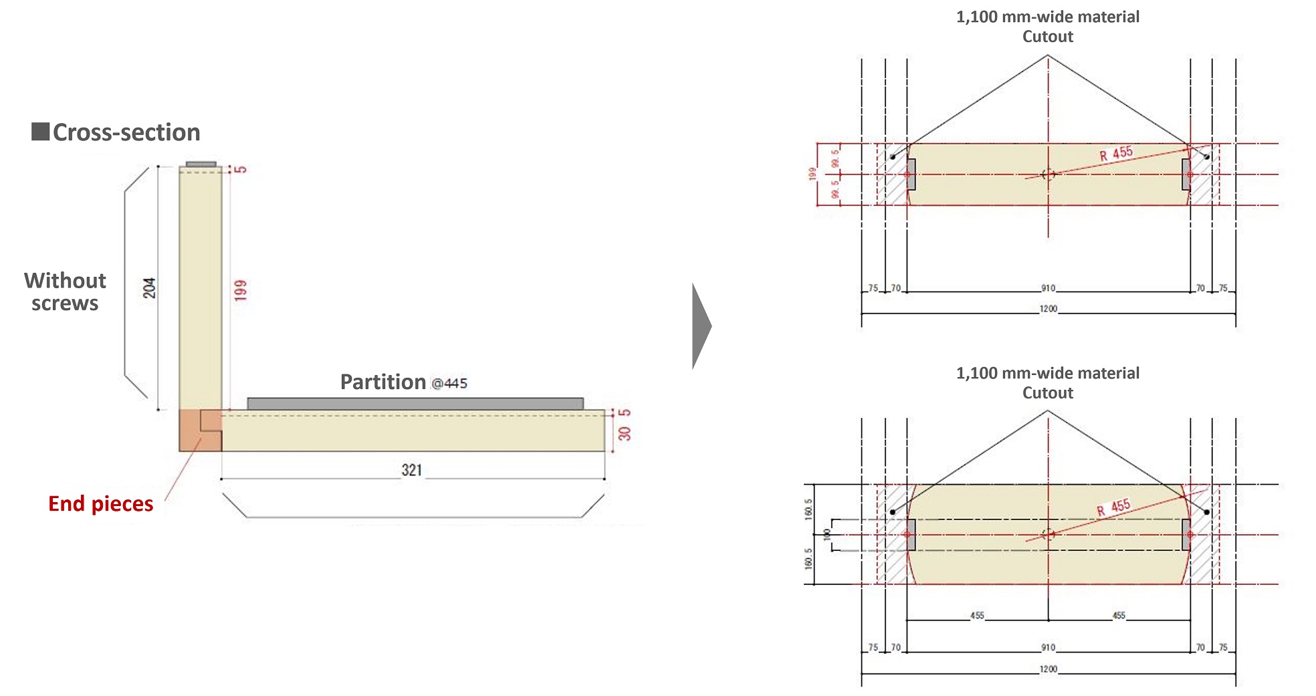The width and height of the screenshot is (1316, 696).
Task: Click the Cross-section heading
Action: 126,132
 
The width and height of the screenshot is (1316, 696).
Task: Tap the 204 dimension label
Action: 149,287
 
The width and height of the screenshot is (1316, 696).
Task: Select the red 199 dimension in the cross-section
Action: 241,289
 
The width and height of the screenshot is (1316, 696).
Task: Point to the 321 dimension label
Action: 412,470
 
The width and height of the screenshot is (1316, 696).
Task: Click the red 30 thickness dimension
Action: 625,433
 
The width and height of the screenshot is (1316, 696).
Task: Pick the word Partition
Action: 382,382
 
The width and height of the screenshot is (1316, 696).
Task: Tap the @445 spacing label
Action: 449,384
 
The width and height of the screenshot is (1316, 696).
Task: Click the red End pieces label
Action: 101,503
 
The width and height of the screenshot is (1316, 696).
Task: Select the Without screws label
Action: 65,292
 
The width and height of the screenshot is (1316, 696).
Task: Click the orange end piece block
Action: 191,431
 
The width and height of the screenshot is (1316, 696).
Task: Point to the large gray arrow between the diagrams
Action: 701,326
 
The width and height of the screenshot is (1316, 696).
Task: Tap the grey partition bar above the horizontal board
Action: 415,403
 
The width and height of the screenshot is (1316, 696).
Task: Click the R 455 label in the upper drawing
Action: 1116,153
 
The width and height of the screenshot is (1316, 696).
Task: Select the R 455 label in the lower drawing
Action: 1113,507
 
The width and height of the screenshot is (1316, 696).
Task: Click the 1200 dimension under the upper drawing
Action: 1048,309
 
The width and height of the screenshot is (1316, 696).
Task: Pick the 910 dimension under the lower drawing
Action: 1048,647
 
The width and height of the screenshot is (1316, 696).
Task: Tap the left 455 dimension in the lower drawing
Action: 977,615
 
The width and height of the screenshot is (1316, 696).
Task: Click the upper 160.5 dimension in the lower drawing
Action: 808,509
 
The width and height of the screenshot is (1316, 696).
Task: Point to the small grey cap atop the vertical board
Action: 201,164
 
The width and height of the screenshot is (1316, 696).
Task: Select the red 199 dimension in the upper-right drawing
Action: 812,174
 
